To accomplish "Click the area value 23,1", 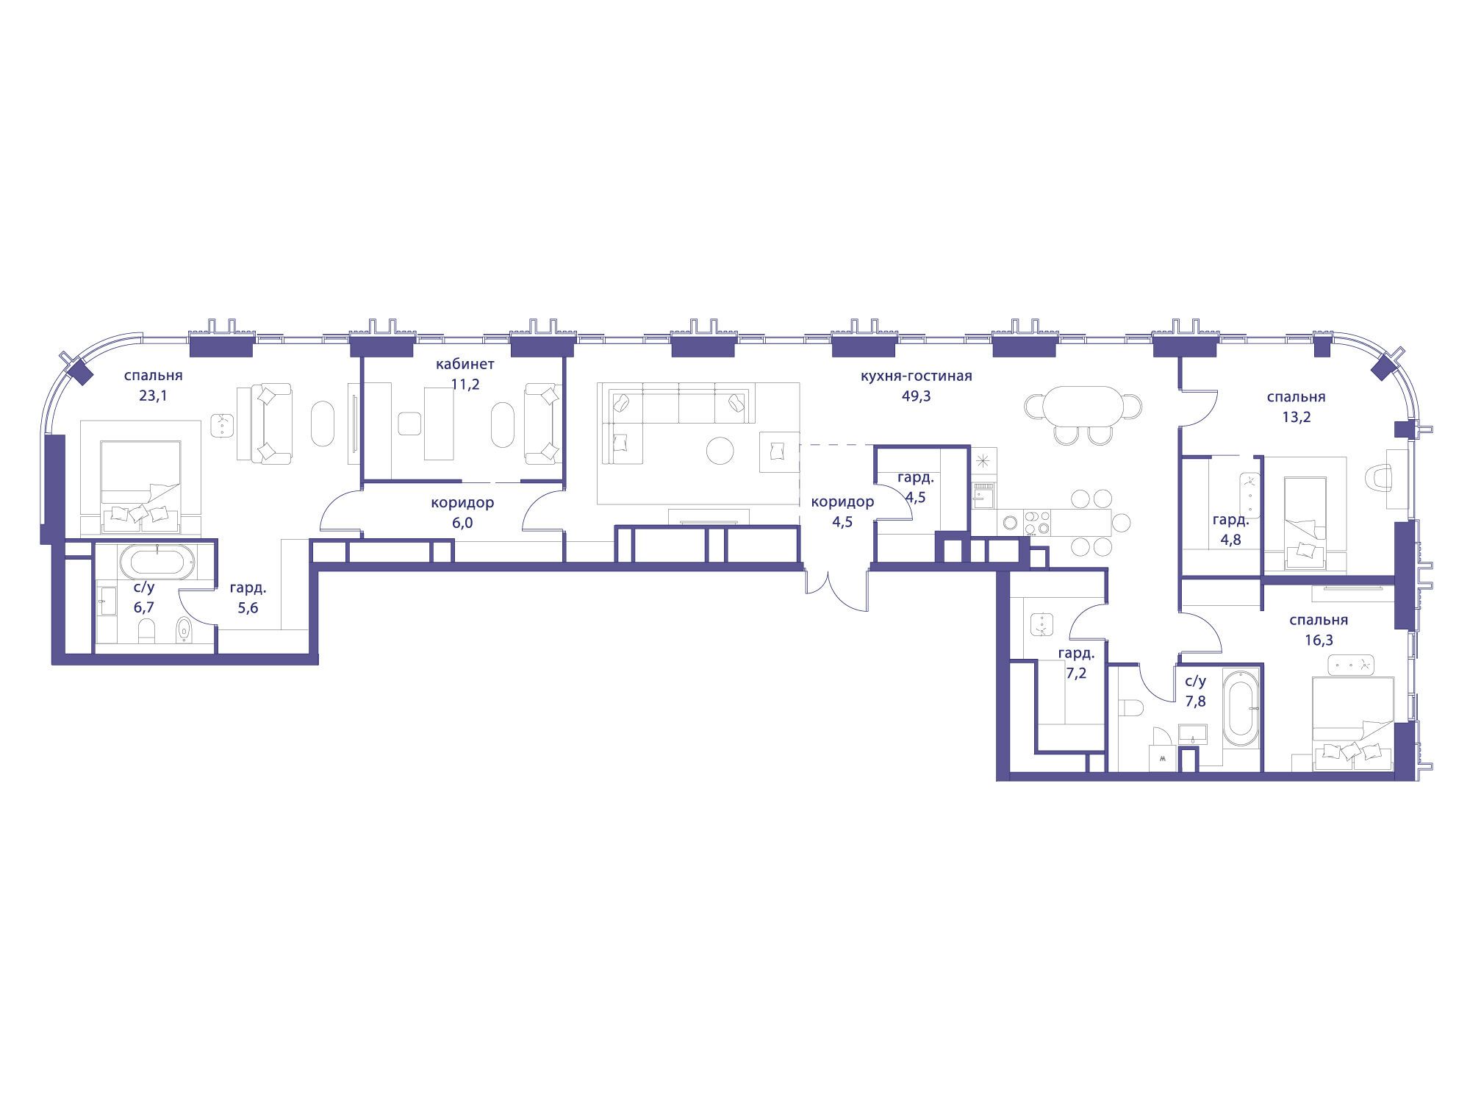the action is coord(153,396).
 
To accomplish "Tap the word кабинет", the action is coord(465,364).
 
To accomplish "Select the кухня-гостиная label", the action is coord(916,376).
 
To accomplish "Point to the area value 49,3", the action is coord(916,396).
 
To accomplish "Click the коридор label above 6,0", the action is coord(462,503).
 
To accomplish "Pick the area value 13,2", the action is coord(1296,417).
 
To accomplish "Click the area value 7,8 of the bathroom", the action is coord(1195,701).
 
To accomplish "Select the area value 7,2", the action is coord(1076,673).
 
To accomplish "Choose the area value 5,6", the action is coord(248,608).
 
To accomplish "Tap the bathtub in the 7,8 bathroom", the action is coord(1242,710).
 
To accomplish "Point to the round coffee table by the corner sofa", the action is coord(720,451).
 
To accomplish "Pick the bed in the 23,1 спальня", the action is coord(140,478).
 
